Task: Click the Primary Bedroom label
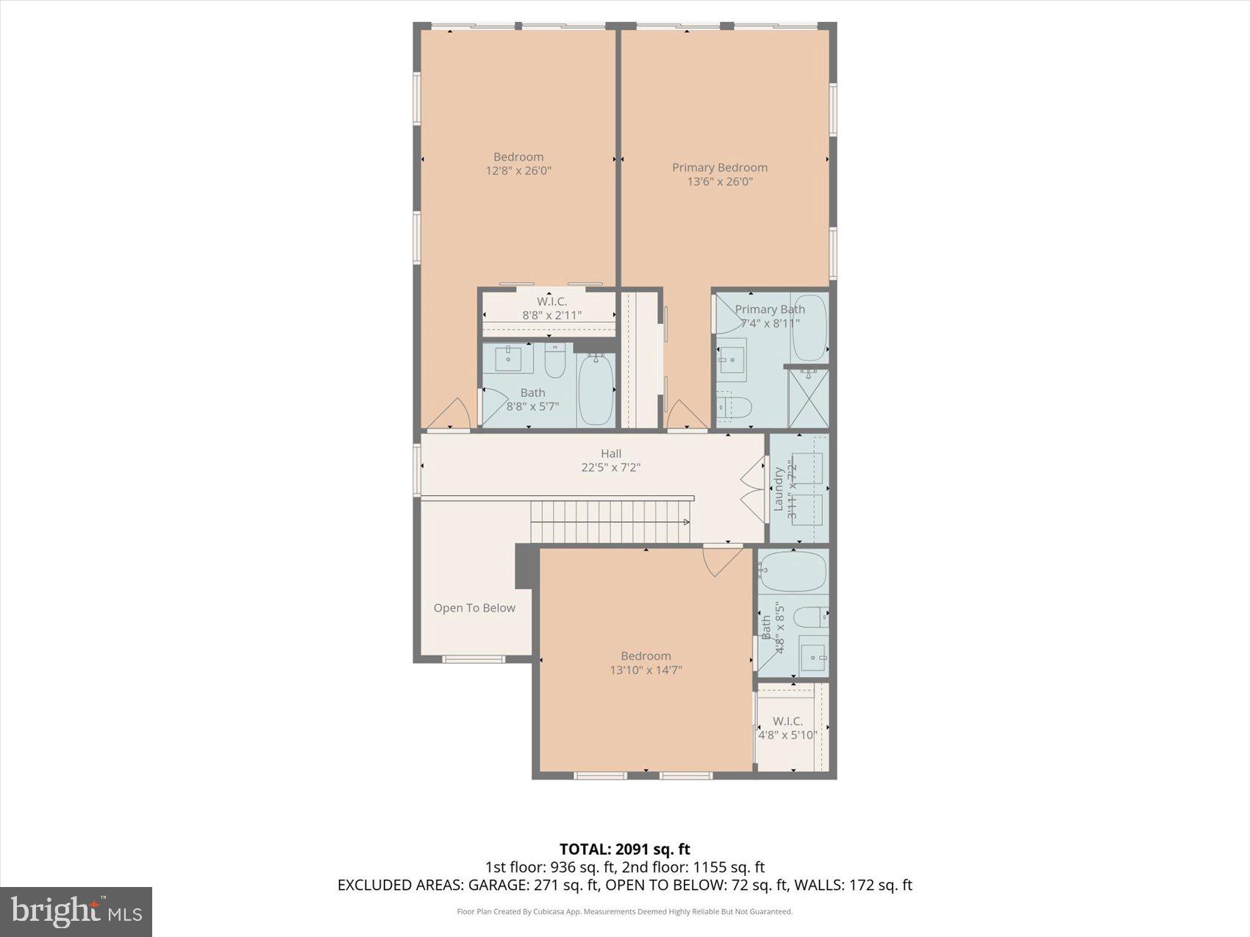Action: pos(719,168)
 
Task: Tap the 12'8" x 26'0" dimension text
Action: pos(518,170)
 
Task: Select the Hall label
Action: pos(610,453)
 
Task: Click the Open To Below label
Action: pos(474,608)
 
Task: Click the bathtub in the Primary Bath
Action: pos(809,328)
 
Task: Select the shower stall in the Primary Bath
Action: pos(809,399)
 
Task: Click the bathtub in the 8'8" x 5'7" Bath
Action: pos(596,389)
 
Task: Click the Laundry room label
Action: pos(778,489)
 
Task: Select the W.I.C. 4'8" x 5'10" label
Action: pos(787,728)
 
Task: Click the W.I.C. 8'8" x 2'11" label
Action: pos(551,308)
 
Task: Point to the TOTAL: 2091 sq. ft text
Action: pos(624,850)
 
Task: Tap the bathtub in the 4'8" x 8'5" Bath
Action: pos(793,572)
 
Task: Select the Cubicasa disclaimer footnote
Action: pos(624,911)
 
